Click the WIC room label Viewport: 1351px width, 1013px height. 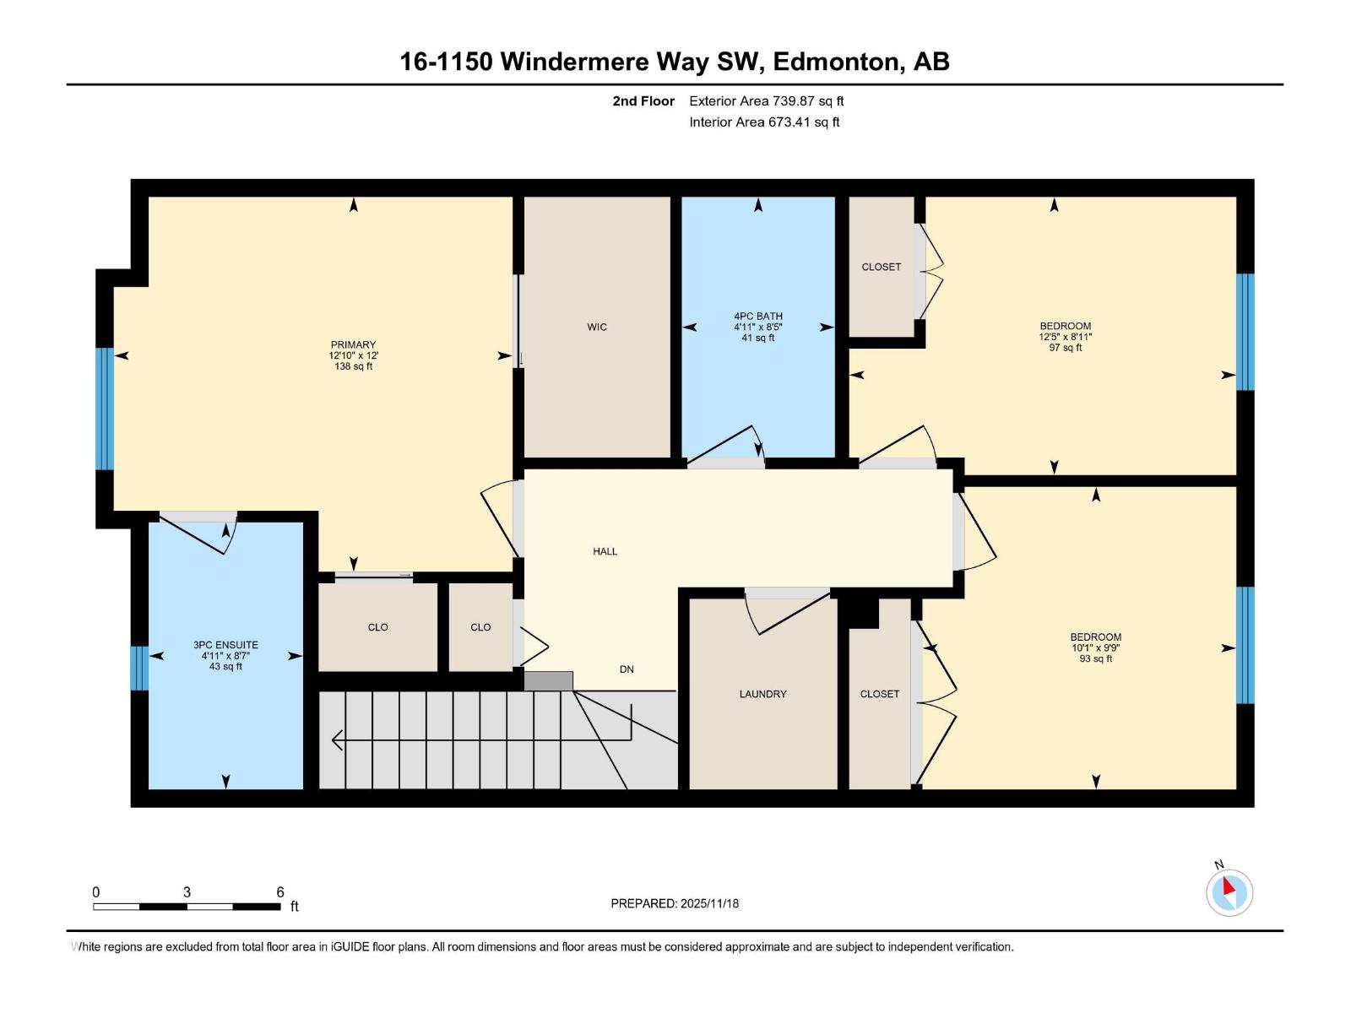tap(597, 328)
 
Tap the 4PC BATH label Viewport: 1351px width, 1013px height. tap(757, 317)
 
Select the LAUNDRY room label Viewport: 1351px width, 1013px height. tap(762, 694)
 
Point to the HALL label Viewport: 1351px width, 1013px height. tap(605, 551)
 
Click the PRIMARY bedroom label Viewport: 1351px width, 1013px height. tap(353, 344)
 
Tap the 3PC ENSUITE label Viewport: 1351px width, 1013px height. tap(225, 645)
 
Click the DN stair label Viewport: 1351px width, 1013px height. tap(627, 669)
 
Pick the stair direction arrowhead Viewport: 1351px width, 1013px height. tap(337, 740)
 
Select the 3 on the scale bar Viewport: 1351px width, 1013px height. tap(187, 892)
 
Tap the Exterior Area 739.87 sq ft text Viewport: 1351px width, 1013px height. tap(766, 101)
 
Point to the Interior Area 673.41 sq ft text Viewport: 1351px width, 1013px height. tap(764, 122)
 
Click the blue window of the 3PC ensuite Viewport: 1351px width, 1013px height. tap(139, 668)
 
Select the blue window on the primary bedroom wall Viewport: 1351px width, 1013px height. tap(104, 409)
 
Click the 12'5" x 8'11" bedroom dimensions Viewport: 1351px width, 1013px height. tap(1066, 337)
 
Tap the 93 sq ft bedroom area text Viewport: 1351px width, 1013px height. tap(1095, 659)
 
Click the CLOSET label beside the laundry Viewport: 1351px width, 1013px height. tap(879, 694)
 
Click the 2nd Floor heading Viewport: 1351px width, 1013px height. tap(643, 101)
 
